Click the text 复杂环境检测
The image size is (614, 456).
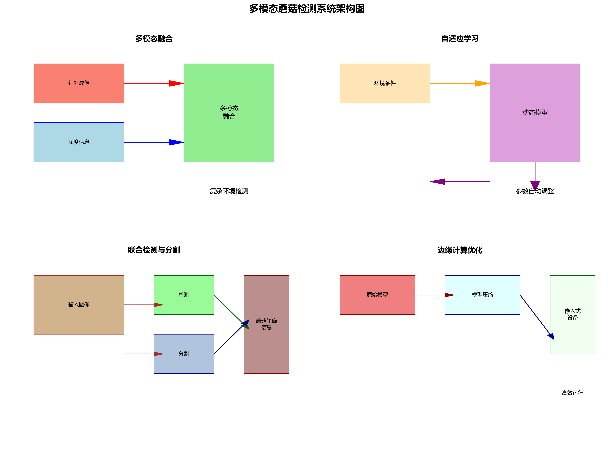coord(229,191)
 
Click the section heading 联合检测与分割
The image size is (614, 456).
coord(154,250)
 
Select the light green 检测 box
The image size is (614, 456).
coord(184,295)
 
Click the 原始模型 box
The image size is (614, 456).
coord(377,295)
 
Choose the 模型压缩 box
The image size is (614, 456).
coord(482,295)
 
